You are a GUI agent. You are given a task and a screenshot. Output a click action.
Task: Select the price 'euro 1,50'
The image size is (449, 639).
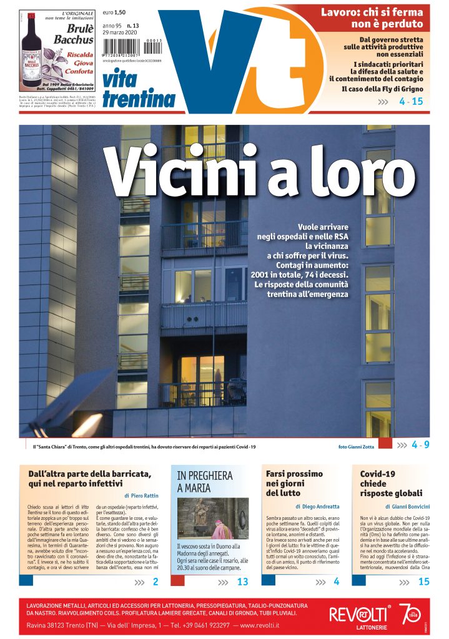tap(115, 12)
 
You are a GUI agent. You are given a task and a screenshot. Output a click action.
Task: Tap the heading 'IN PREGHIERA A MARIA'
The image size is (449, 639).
tap(205, 481)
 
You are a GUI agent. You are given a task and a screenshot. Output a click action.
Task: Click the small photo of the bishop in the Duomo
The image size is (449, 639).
tap(213, 518)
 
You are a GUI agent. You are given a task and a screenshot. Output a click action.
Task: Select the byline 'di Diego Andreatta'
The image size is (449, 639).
tap(317, 506)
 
